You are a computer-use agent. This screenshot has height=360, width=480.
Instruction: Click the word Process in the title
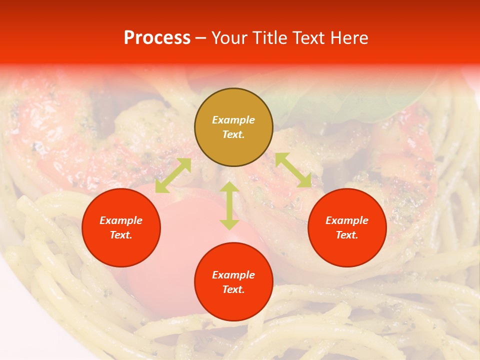(x=157, y=38)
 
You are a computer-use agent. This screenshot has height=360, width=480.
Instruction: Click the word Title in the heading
(x=270, y=38)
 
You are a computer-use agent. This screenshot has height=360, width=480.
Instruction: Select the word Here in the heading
(x=349, y=38)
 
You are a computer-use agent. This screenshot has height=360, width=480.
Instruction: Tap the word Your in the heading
(x=230, y=38)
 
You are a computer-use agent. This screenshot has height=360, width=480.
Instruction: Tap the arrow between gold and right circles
(x=293, y=170)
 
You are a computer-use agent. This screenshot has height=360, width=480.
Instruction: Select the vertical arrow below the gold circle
(x=229, y=205)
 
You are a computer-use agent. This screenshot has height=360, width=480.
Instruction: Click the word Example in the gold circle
(x=233, y=120)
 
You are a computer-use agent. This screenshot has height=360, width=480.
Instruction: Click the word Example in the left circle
(x=121, y=220)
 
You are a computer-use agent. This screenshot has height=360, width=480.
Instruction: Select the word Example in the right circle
(x=347, y=220)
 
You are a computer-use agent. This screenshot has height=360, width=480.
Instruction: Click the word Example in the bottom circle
(x=233, y=275)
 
